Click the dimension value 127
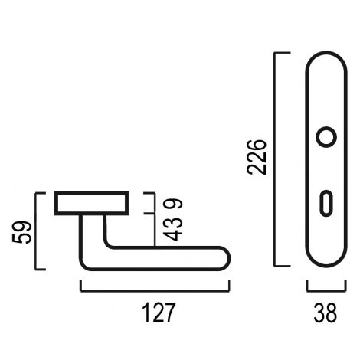(159, 313)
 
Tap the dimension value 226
(257, 157)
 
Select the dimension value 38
(326, 313)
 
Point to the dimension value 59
(22, 232)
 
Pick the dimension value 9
(173, 204)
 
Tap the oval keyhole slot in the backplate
(326, 204)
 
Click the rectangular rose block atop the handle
(91, 203)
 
